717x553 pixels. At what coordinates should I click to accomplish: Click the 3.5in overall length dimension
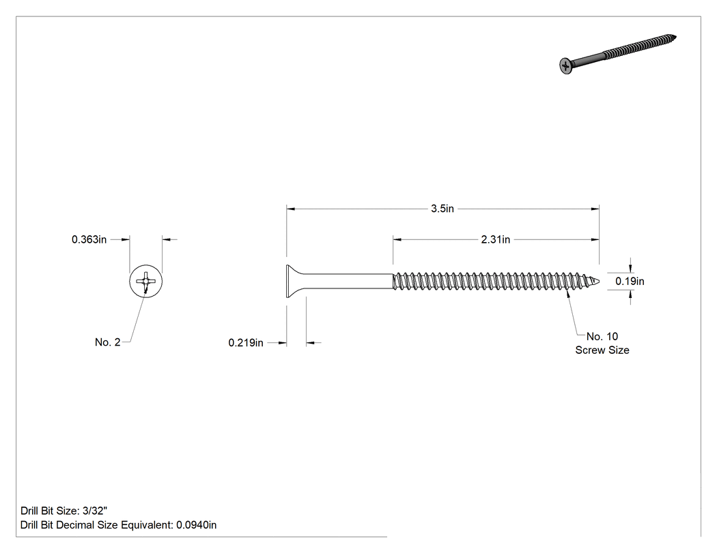point(442,209)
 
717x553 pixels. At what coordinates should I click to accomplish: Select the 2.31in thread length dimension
point(495,239)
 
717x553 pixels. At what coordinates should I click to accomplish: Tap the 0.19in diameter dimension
point(630,282)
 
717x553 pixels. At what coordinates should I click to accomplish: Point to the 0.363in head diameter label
point(89,239)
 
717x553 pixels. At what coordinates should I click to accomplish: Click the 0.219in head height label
point(246,342)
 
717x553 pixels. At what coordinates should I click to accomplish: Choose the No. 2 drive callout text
point(107,342)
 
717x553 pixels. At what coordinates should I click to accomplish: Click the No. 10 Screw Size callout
point(602,343)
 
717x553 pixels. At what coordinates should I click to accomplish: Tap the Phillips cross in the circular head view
point(146,280)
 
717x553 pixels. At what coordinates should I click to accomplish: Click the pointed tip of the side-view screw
point(599,281)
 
